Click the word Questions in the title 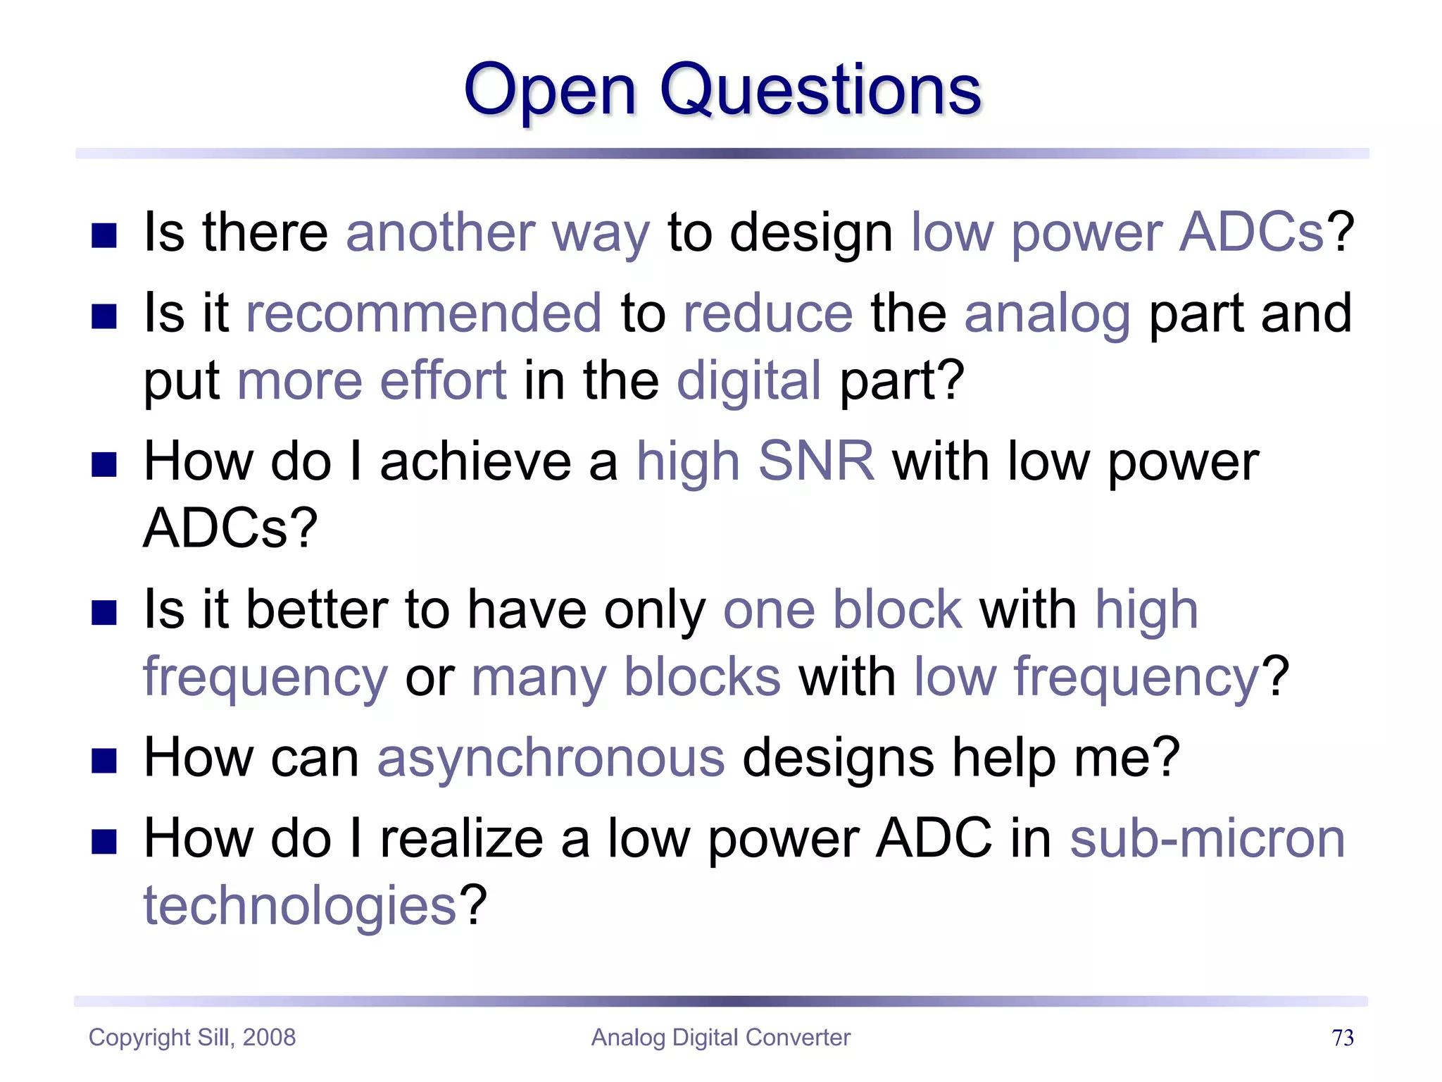(x=820, y=90)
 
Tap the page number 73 (x=1342, y=1038)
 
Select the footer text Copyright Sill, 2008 (x=192, y=1038)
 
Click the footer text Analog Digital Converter (x=720, y=1038)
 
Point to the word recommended (x=424, y=313)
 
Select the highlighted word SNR (x=816, y=461)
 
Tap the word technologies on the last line (x=301, y=906)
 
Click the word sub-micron (x=1207, y=839)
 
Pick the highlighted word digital (x=748, y=381)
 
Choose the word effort (x=443, y=381)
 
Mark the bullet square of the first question (x=104, y=236)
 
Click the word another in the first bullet (x=440, y=233)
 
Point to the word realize (x=462, y=839)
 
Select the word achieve (x=475, y=462)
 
